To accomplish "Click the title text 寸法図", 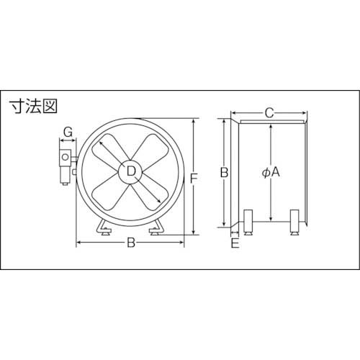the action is pyautogui.click(x=33, y=107).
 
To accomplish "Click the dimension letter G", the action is pyautogui.click(x=68, y=132).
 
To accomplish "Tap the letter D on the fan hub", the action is pyautogui.click(x=131, y=171).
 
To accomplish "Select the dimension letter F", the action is pyautogui.click(x=194, y=179).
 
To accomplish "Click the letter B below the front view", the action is pyautogui.click(x=131, y=243).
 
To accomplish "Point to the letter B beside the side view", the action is pyautogui.click(x=224, y=172).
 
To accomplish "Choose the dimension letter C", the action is pyautogui.click(x=269, y=113).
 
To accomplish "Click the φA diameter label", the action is pyautogui.click(x=271, y=172).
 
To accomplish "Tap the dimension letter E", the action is pyautogui.click(x=235, y=243).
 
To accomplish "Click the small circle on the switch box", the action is pyautogui.click(x=66, y=157).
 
